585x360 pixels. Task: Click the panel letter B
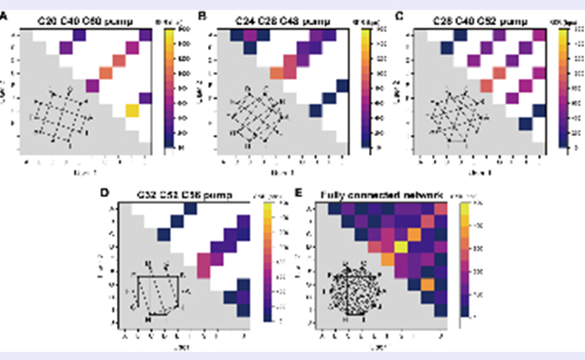202,16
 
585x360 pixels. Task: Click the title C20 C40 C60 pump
86,16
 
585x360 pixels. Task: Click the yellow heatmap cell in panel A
131,111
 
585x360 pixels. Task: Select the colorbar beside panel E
464,261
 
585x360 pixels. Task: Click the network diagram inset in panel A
58,116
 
